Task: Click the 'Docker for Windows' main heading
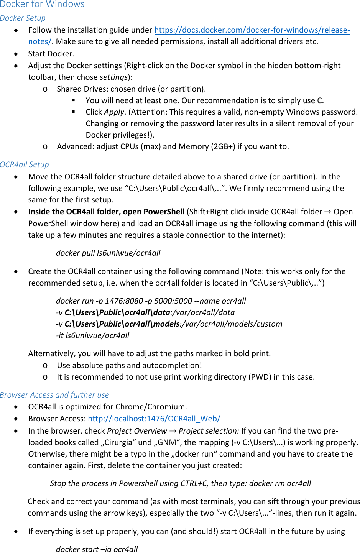42,4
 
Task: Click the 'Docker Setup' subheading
23,18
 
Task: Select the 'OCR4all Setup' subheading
25,164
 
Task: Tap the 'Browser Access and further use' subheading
54,395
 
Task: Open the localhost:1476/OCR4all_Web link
154,419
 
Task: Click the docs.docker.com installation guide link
252,30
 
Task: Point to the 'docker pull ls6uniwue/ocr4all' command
108,253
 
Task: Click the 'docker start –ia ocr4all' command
97,549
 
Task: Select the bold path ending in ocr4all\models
122,324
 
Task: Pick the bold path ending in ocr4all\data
117,312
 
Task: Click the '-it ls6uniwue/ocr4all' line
92,335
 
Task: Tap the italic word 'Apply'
114,112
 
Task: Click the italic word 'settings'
113,77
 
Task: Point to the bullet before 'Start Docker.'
16,54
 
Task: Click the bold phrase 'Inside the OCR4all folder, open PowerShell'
106,212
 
